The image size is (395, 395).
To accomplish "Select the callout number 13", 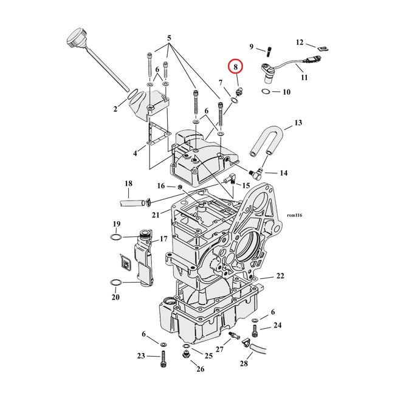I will [x=298, y=123].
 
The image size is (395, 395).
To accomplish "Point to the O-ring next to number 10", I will [x=266, y=91].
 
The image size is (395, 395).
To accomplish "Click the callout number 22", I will [x=280, y=276].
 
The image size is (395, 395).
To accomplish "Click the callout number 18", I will [x=128, y=184].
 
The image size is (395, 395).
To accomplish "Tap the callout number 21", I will [x=156, y=215].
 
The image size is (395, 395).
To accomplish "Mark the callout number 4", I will [x=136, y=153].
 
